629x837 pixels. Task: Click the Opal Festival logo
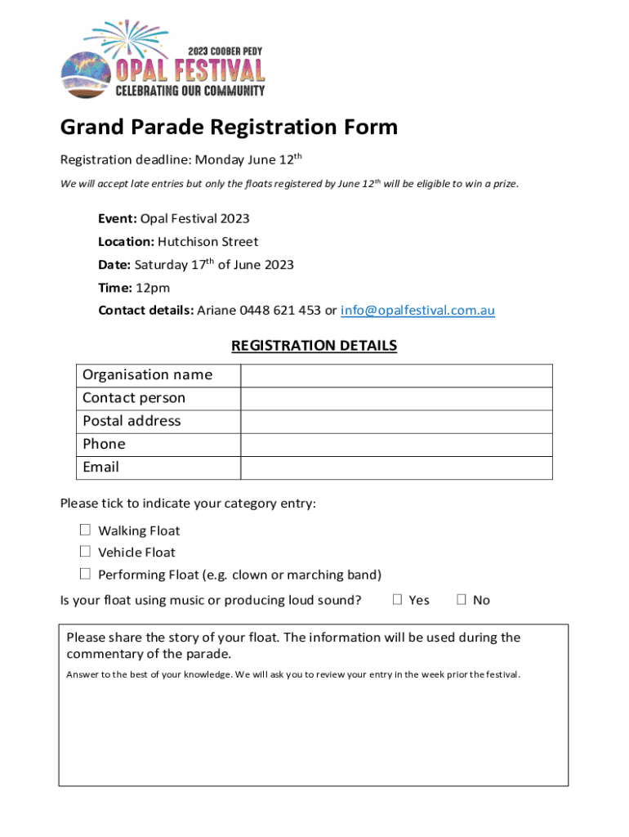pos(163,60)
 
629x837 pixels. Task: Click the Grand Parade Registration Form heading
pos(229,128)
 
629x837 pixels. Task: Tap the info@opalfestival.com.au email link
pos(417,311)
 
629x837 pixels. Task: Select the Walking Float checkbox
pos(85,530)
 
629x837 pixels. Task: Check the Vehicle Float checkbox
pos(85,552)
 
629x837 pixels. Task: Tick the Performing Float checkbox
pos(85,574)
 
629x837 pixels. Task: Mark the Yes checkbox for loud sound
pos(398,599)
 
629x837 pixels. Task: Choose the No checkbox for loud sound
pos(462,599)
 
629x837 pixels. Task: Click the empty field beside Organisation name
pos(396,375)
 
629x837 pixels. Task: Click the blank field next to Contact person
pos(396,398)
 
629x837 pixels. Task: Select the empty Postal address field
pos(396,421)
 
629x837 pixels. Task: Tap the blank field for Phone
pos(396,444)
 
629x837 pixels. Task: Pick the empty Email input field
pos(396,468)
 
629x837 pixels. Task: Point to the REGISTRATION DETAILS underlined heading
pos(314,346)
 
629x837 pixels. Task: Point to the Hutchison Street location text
pos(207,242)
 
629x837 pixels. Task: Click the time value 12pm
pos(153,288)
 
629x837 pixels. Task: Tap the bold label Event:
pos(118,219)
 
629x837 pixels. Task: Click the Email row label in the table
pos(100,468)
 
